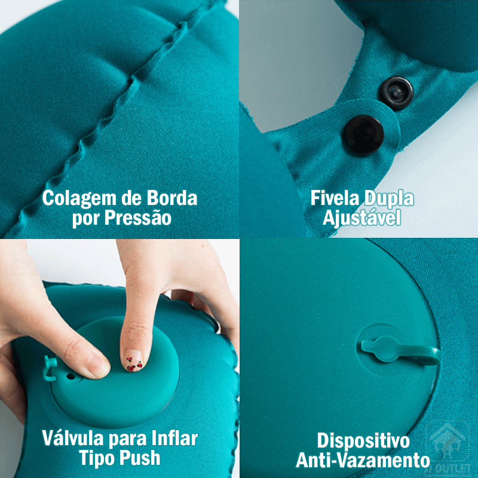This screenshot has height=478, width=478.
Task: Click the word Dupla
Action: (x=389, y=198)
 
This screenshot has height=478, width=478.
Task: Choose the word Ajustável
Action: (x=361, y=218)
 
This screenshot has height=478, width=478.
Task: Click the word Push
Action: (x=138, y=458)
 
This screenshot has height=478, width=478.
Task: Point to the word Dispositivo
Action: (x=363, y=440)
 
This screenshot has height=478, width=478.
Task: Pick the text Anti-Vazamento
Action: (x=363, y=461)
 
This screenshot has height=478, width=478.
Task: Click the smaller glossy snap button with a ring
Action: (x=397, y=91)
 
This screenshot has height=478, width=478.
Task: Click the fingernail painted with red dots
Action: (x=132, y=360)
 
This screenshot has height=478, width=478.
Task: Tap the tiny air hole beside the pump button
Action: (x=71, y=377)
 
